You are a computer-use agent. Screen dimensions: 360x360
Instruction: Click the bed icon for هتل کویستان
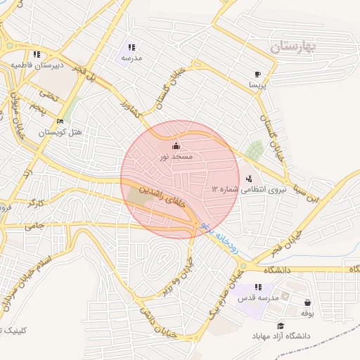(x=60, y=122)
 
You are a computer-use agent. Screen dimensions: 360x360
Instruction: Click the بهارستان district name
(x=293, y=47)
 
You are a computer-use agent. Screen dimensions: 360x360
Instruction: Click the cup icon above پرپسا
(x=257, y=74)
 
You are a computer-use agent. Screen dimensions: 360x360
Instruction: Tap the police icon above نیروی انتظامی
(x=249, y=179)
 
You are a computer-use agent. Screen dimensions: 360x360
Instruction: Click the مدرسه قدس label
(x=258, y=298)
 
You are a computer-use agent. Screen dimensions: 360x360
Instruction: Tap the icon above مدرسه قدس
(x=258, y=287)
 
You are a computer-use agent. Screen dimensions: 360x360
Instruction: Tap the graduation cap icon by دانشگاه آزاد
(x=281, y=326)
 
